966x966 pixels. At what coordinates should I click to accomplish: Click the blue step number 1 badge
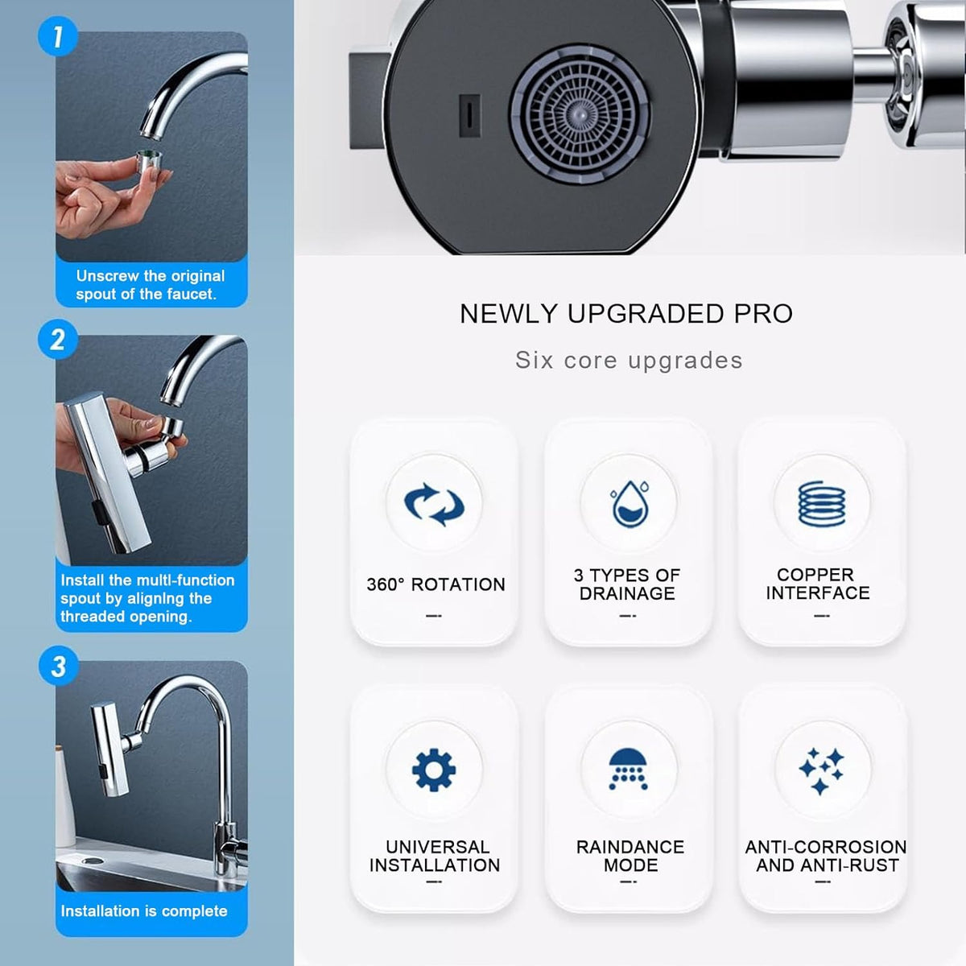pos(57,36)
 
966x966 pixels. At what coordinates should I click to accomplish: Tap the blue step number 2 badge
pos(57,339)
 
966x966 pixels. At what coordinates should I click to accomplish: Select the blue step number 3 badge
pos(58,667)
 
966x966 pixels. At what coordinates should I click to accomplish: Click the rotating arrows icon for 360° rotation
pos(434,504)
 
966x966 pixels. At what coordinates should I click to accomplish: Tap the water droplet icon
pos(630,504)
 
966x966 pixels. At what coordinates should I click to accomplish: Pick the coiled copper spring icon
pos(822,504)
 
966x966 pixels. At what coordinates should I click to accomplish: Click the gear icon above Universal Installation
pos(434,770)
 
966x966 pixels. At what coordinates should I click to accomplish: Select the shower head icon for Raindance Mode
pos(630,770)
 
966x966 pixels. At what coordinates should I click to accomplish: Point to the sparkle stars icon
pos(822,770)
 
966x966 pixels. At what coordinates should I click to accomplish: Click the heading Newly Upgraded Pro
pos(626,314)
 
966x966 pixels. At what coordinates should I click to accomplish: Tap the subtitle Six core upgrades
pos(629,360)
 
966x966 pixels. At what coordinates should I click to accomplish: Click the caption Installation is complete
pos(144,911)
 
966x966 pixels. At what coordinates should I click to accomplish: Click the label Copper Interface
pos(817,584)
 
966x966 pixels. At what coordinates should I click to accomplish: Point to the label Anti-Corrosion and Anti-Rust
pos(826,856)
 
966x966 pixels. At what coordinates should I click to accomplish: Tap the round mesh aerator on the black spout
pos(580,114)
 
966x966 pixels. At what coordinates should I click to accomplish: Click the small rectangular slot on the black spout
pos(469,115)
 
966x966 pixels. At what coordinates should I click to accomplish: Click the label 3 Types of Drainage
pos(627,584)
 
